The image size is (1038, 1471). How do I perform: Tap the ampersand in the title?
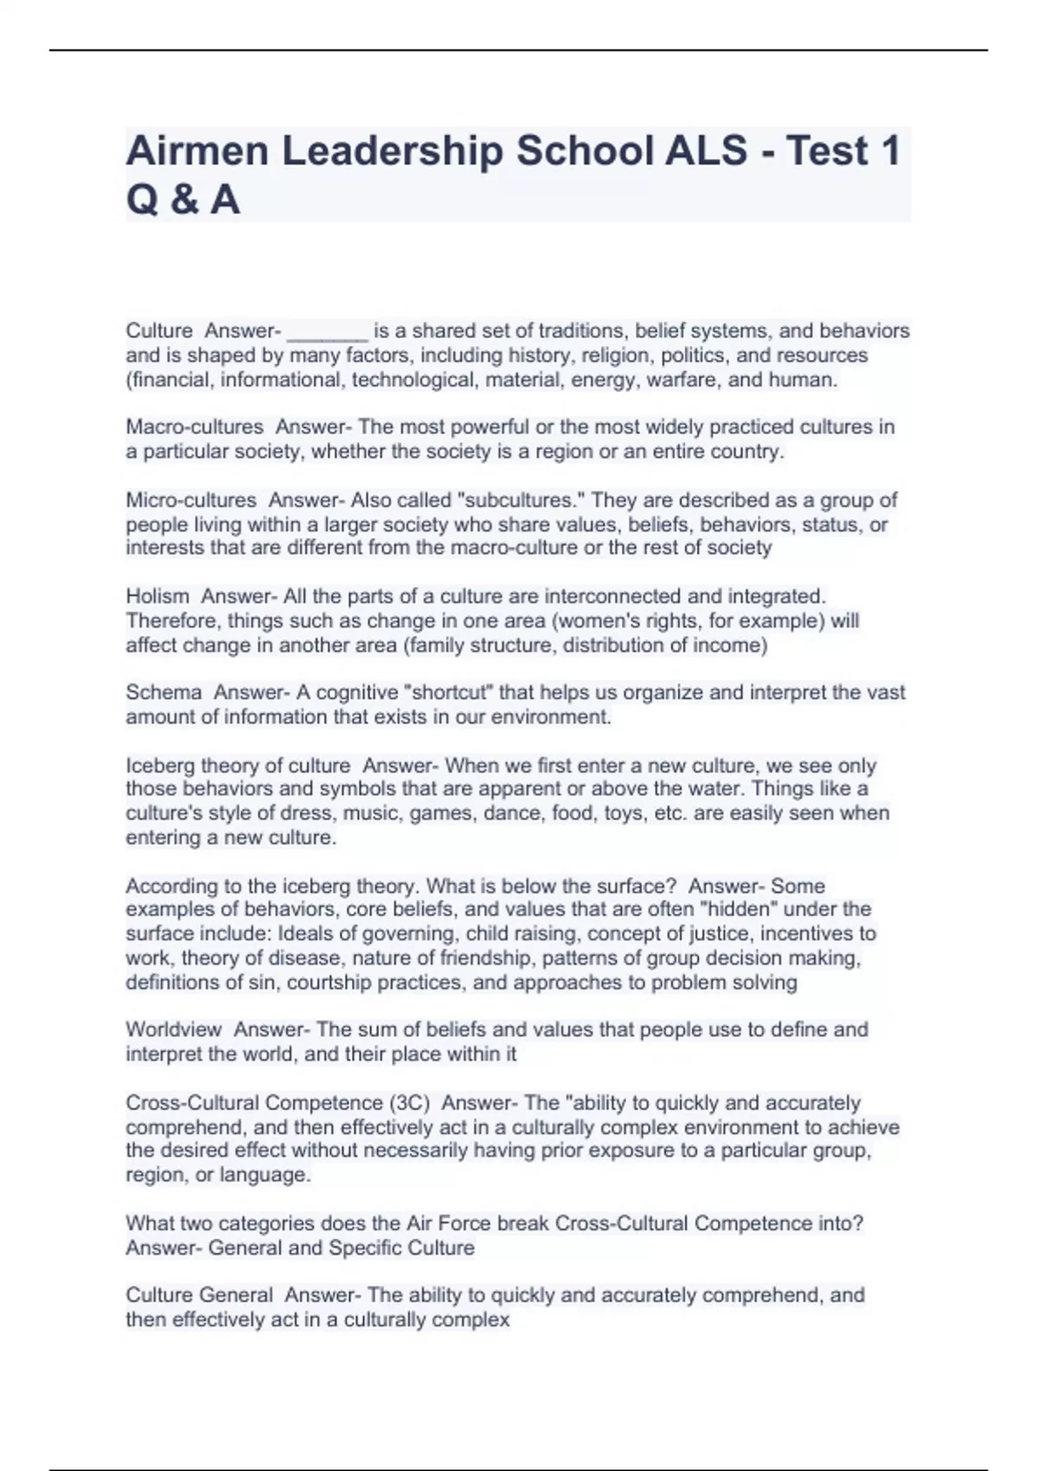(x=183, y=200)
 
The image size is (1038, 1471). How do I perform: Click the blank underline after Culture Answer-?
(x=327, y=332)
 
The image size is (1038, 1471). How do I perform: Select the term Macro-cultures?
(x=195, y=427)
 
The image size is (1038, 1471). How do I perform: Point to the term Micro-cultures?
(x=191, y=500)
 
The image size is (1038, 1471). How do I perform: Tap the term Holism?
(x=157, y=596)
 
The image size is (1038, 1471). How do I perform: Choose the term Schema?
(x=163, y=692)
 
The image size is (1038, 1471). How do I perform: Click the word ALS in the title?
(x=706, y=151)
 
